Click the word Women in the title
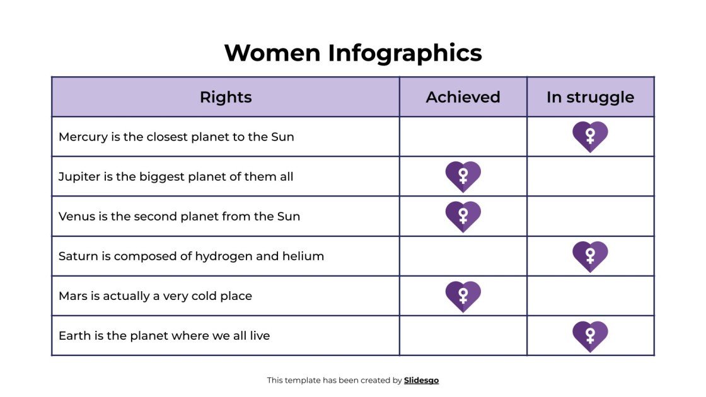(x=272, y=53)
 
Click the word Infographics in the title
(x=405, y=53)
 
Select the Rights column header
(x=226, y=97)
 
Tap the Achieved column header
(x=463, y=97)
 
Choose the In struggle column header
(x=590, y=97)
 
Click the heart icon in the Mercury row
(x=590, y=136)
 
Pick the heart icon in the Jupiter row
(x=463, y=176)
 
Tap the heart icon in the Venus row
(x=463, y=216)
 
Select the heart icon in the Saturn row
(x=590, y=256)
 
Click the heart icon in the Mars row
(x=463, y=296)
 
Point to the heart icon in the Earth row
(x=590, y=336)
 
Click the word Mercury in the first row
(x=83, y=137)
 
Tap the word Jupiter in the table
(x=79, y=176)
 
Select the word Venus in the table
(x=76, y=216)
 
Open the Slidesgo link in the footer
(x=421, y=380)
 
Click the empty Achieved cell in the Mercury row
(x=463, y=136)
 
